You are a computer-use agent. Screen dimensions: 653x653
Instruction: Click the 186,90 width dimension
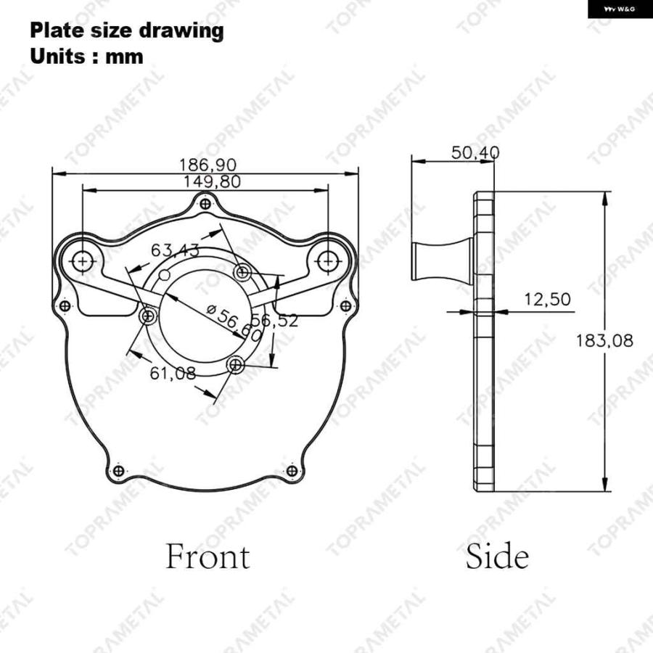point(208,165)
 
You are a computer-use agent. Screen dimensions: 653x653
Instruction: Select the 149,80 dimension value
point(212,181)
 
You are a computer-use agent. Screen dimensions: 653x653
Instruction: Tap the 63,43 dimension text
point(175,250)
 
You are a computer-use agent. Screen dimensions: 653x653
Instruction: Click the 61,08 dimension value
point(173,373)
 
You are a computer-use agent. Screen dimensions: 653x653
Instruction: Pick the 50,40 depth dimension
point(475,153)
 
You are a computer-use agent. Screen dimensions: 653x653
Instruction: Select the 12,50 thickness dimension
point(547,299)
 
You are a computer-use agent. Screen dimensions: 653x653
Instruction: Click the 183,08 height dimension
point(604,341)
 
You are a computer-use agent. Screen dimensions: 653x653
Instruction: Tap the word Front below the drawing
point(208,557)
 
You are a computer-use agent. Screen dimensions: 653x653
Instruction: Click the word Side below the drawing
point(497,557)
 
